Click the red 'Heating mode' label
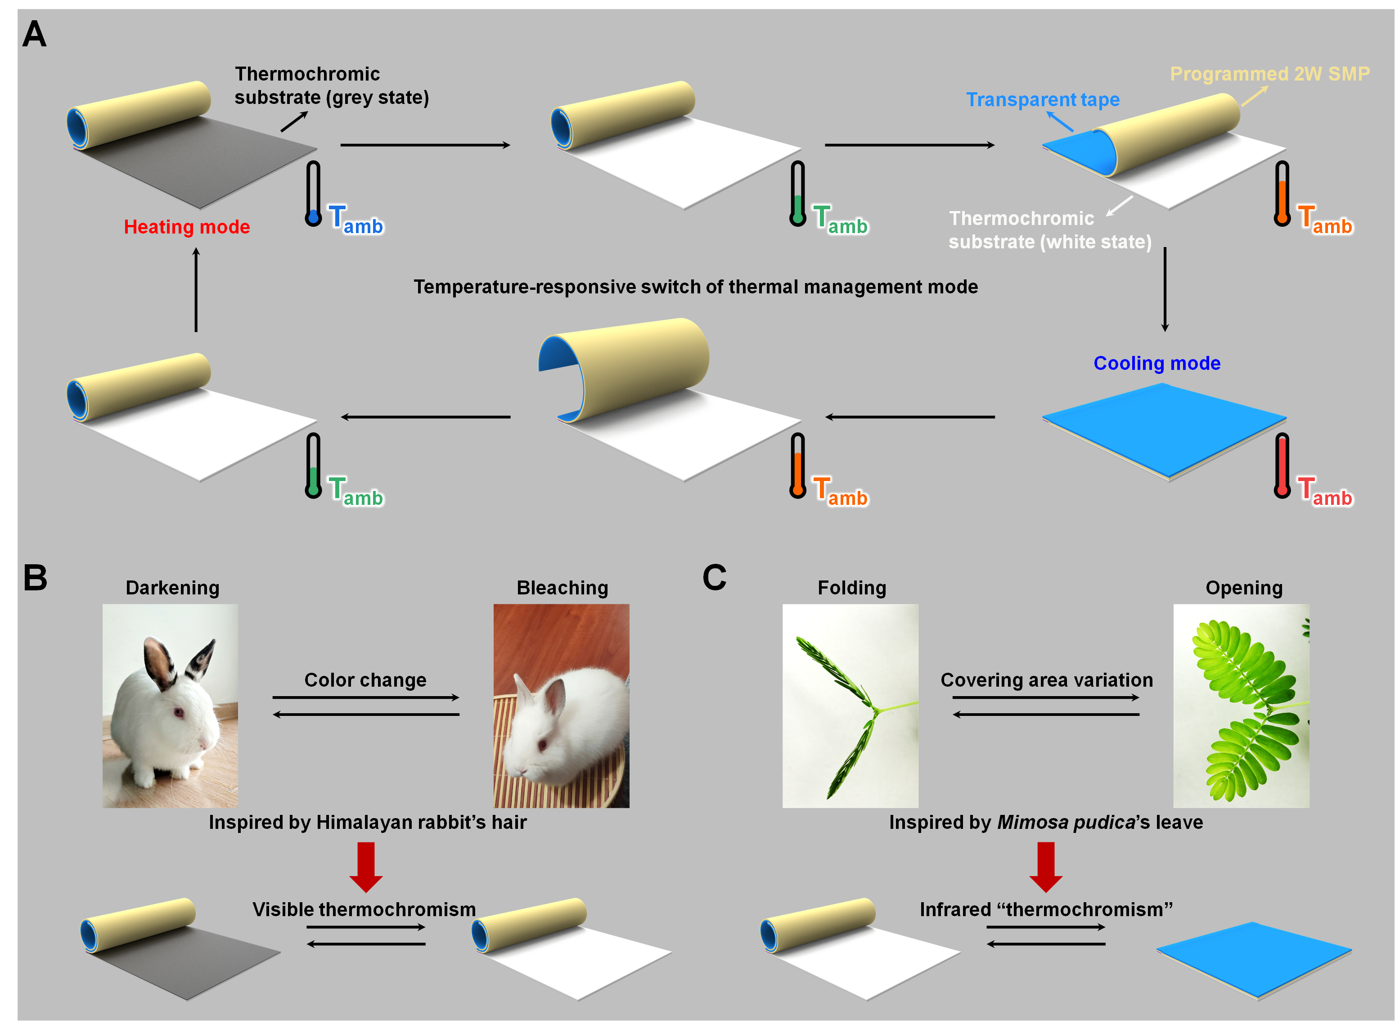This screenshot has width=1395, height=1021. [x=187, y=227]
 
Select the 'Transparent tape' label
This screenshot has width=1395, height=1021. [x=1042, y=99]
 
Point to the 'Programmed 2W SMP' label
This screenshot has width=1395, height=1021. [x=1269, y=73]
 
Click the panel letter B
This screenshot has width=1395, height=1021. [x=35, y=577]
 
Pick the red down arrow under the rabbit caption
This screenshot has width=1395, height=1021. [x=366, y=867]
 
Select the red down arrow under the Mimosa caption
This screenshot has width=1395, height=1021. [x=1046, y=867]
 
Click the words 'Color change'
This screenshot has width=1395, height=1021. [x=365, y=680]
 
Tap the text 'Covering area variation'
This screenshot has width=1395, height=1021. [x=1046, y=680]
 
